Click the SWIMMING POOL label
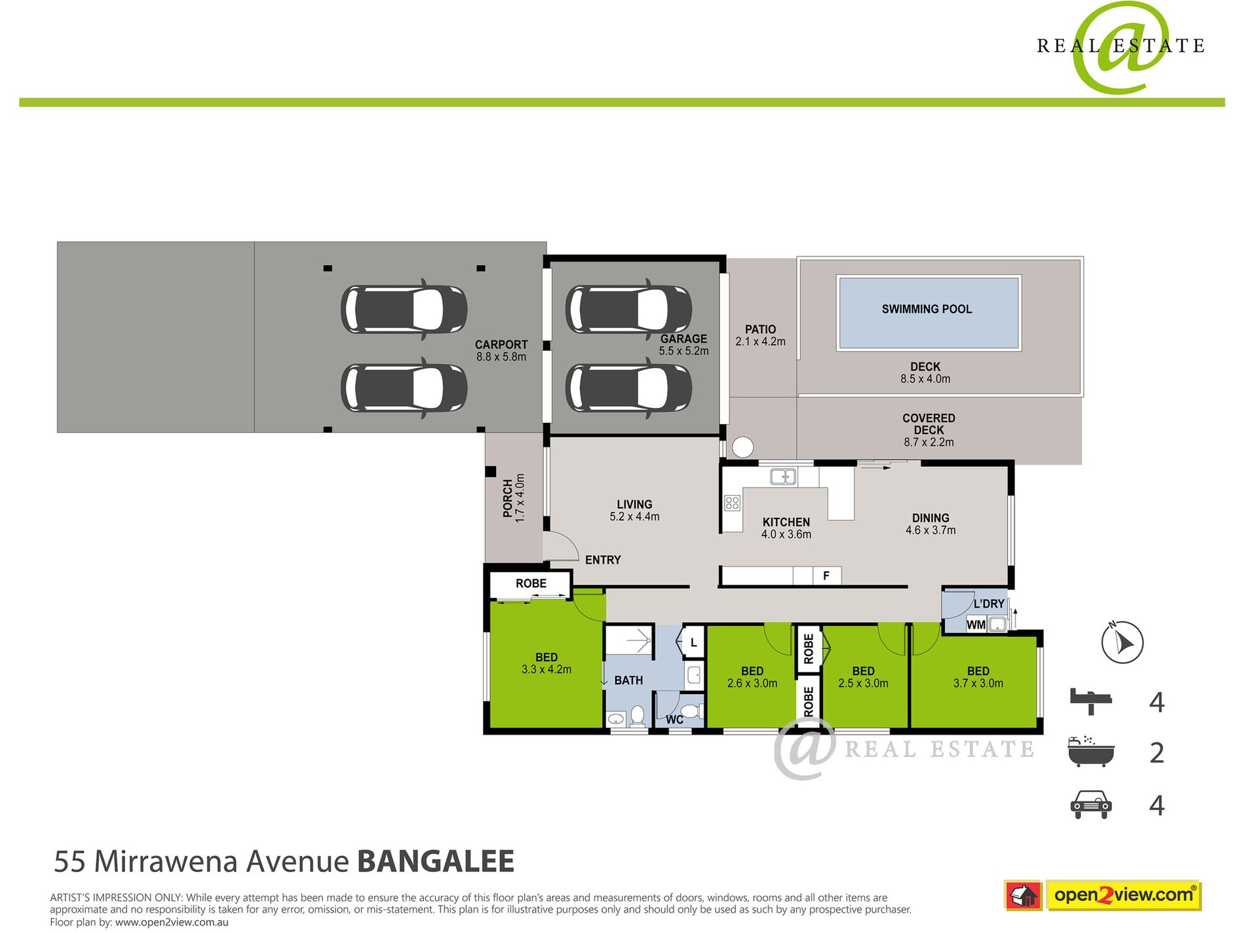(x=927, y=309)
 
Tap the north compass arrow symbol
(x=1122, y=642)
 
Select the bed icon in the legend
(x=1091, y=701)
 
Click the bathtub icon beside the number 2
(x=1090, y=752)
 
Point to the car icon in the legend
(x=1090, y=805)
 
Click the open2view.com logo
(x=1123, y=895)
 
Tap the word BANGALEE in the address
(x=436, y=862)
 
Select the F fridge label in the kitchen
(x=826, y=576)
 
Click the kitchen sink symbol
(x=783, y=477)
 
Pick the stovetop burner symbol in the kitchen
(x=732, y=503)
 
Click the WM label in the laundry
(x=976, y=625)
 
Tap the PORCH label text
(x=508, y=498)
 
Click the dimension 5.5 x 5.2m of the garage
(x=683, y=351)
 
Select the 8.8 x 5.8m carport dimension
(x=501, y=357)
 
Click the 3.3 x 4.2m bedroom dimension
(x=546, y=670)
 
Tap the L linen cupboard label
(x=693, y=643)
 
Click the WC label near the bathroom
(x=674, y=720)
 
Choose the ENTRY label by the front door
(x=603, y=560)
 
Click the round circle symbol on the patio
(x=742, y=447)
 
